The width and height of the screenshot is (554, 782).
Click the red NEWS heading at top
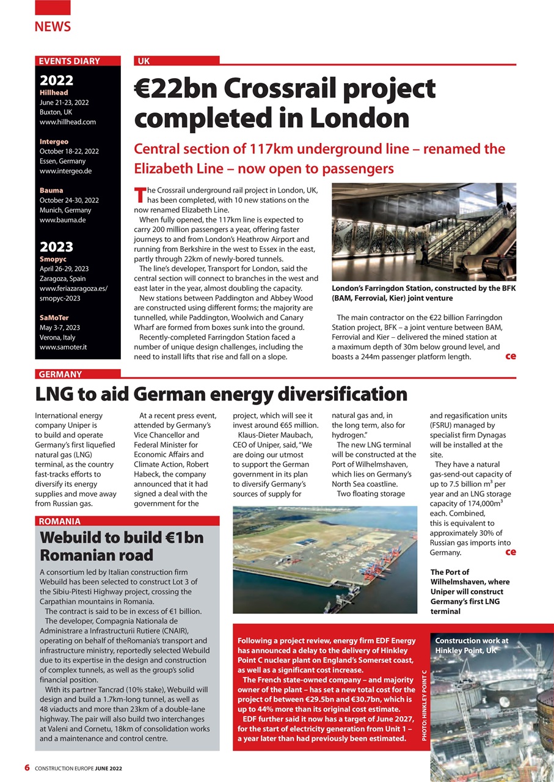point(53,27)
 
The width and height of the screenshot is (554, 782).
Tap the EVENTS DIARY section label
point(69,61)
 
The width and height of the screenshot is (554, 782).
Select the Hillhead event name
point(54,93)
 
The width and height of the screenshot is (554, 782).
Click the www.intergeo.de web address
point(65,171)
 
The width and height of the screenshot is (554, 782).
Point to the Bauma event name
point(51,191)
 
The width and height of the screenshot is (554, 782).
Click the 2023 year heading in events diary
point(56,247)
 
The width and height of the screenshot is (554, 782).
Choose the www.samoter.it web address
point(63,347)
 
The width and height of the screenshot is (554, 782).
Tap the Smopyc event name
point(53,259)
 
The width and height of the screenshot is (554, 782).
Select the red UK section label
point(144,61)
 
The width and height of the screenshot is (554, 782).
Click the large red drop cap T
point(140,195)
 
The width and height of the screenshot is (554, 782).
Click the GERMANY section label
point(60,374)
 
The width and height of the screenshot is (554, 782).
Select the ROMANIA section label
point(60,521)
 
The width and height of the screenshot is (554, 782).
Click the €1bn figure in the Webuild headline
point(178,538)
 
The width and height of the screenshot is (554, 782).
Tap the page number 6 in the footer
point(27,768)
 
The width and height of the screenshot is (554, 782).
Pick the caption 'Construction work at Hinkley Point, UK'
point(472,645)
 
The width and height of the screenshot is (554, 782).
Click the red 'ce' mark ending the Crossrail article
point(511,357)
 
